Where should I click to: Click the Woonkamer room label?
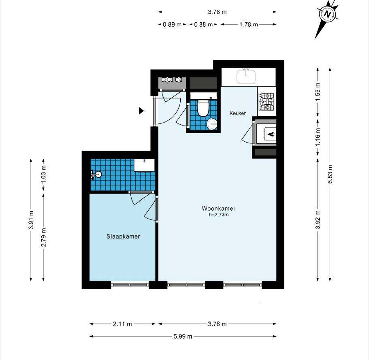point(219,209)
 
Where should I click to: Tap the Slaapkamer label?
point(123,236)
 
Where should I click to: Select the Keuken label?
point(238,113)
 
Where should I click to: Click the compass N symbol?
point(327,14)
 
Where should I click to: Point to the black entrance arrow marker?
point(141,111)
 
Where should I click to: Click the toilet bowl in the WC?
point(203,108)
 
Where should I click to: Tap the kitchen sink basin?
point(246,76)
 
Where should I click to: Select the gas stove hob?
point(267,102)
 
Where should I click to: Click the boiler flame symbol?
point(271,134)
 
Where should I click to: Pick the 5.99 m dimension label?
point(183,337)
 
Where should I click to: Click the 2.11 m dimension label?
point(122,324)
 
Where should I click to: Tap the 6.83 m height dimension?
point(330,175)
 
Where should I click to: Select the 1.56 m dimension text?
point(318,92)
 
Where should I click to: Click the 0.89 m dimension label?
point(172,24)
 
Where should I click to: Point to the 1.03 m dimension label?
point(43,175)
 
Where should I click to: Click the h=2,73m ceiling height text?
point(219,215)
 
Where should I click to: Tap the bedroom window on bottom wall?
point(130,285)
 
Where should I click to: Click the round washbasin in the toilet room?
point(212,124)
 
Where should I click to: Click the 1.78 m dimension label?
point(249,24)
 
